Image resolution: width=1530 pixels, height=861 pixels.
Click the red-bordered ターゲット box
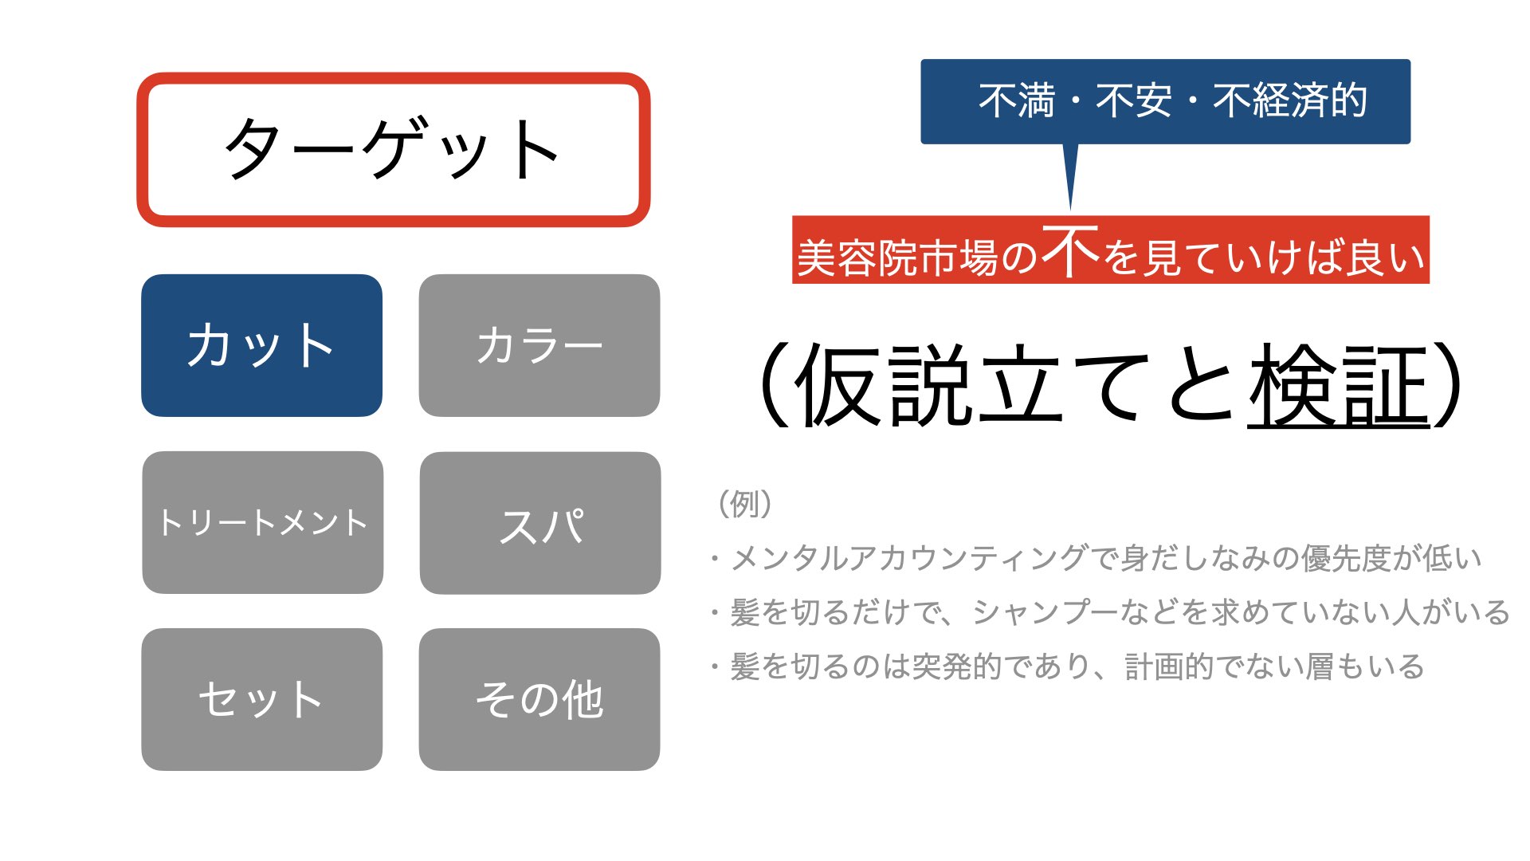394,150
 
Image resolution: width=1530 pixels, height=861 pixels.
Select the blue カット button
262,345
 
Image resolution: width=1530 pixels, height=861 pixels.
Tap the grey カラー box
539,345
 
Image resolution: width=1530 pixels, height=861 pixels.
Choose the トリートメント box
263,523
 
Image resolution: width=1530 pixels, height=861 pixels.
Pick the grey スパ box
540,523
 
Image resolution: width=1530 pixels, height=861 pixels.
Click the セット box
262,699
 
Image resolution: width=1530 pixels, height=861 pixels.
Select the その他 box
539,699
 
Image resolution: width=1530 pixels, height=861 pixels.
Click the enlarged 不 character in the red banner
1070,250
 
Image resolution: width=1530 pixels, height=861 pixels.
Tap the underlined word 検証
1339,386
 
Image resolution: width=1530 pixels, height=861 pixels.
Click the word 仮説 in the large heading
885,386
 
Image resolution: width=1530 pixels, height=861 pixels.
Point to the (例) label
745,504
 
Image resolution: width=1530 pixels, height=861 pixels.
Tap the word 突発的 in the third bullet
956,666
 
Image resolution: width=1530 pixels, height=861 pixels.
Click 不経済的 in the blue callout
1290,101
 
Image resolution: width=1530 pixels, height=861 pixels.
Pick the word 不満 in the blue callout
1017,101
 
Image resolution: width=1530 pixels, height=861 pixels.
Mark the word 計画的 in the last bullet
1170,666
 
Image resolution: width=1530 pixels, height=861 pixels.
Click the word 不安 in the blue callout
1134,101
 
